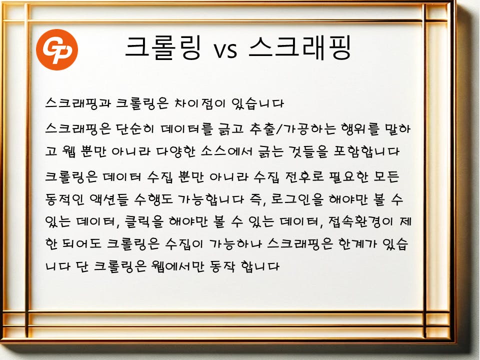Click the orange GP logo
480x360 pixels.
coord(57,49)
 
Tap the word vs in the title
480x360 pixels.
coord(225,50)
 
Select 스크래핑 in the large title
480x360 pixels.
coord(299,47)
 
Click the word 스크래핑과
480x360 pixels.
coord(78,103)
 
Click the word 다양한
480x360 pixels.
coord(175,151)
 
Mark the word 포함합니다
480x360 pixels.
coord(366,151)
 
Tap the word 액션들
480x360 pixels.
coord(109,199)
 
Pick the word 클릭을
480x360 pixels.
coord(144,221)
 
